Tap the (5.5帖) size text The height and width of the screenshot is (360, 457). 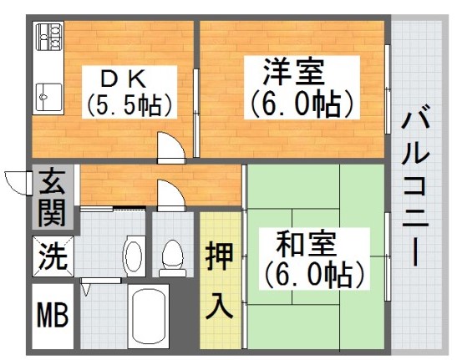[x=129, y=106]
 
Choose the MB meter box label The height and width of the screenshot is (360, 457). [x=52, y=317]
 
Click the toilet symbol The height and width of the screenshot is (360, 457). [x=173, y=257]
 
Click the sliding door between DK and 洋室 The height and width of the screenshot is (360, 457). [x=195, y=101]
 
